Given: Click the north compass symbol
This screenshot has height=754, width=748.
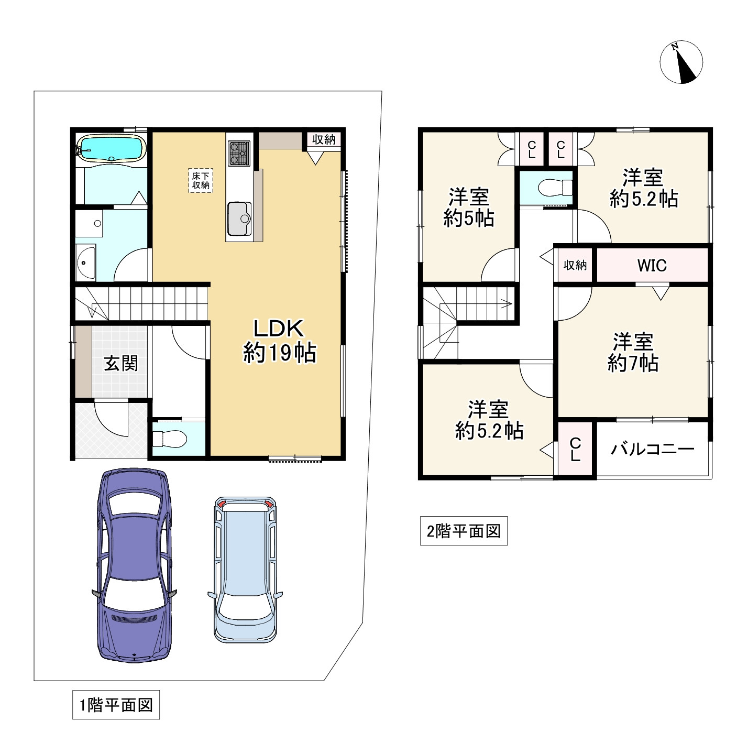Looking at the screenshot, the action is coord(681,62).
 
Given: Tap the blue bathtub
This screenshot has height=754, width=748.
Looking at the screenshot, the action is coord(112,148).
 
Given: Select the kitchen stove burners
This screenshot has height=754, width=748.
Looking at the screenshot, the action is coord(239,153).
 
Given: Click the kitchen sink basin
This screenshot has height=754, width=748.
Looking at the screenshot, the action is coord(239,218).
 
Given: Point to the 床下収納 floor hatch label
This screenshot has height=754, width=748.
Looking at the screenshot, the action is coord(201,180).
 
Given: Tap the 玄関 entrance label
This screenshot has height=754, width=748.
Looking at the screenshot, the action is coord(121,364).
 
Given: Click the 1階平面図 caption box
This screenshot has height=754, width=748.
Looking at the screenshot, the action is coord(116,705).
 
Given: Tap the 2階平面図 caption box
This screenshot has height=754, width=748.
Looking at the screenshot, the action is coord(464,531).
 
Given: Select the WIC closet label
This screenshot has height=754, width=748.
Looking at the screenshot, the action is coord(652,265).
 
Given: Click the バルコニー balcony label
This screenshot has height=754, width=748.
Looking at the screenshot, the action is coord(652,449).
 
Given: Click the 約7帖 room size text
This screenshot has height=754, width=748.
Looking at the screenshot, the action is coord(633,363).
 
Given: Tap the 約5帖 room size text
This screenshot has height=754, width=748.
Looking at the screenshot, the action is coord(468,218).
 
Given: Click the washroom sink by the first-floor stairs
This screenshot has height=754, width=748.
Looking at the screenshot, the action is coord(85,262).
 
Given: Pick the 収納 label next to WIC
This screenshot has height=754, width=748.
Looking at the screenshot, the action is coord(575,265).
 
